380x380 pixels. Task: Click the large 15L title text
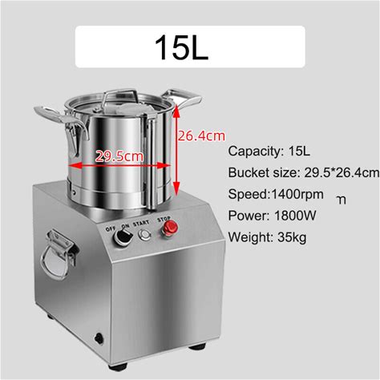(181, 47)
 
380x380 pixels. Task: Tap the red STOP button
(170, 228)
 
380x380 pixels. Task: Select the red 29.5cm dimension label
(119, 156)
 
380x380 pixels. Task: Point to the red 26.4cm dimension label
(201, 135)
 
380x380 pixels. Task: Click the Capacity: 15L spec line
(269, 152)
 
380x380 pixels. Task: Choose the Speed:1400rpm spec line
(276, 194)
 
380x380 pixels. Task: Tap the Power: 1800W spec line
(272, 216)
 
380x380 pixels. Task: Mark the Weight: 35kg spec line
(267, 237)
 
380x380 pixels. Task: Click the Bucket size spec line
(304, 173)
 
